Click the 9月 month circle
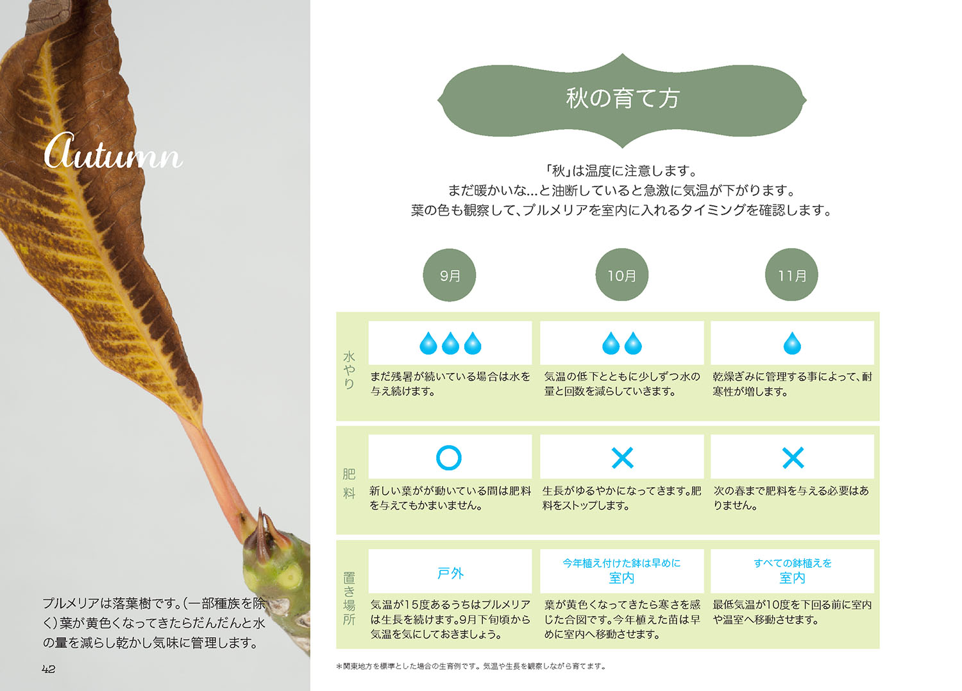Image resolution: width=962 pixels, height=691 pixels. [450, 275]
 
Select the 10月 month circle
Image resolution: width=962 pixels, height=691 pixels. [621, 275]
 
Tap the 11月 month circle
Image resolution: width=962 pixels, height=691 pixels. [792, 275]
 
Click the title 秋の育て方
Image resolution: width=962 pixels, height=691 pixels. [622, 98]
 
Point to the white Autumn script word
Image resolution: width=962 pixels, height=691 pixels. [113, 152]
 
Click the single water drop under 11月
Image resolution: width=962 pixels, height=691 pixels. [792, 344]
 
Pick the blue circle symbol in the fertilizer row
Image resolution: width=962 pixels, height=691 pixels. [449, 457]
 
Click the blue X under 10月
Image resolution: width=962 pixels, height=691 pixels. [622, 457]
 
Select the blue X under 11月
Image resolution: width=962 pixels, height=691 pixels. [793, 457]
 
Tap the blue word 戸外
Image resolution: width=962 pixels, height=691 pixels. [450, 573]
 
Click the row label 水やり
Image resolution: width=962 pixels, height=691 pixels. [349, 370]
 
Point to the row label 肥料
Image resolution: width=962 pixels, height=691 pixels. [349, 483]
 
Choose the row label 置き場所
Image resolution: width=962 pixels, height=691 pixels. [349, 598]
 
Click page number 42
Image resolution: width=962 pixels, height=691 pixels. [49, 669]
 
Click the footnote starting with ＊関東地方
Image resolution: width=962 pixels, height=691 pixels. [471, 666]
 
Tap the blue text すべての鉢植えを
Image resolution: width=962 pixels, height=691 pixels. [793, 563]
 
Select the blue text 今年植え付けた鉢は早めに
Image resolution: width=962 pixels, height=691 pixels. [621, 563]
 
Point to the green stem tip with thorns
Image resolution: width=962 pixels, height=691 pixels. [276, 558]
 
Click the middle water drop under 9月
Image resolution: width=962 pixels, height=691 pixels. [450, 344]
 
